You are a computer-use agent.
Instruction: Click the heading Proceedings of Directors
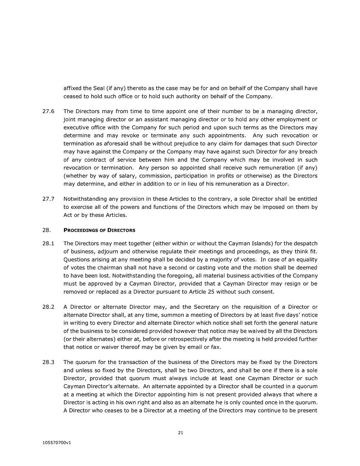click(100, 230)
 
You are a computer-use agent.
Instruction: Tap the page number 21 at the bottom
click(180, 433)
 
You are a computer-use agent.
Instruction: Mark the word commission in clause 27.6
click(148, 176)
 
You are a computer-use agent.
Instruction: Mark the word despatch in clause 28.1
click(306, 243)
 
